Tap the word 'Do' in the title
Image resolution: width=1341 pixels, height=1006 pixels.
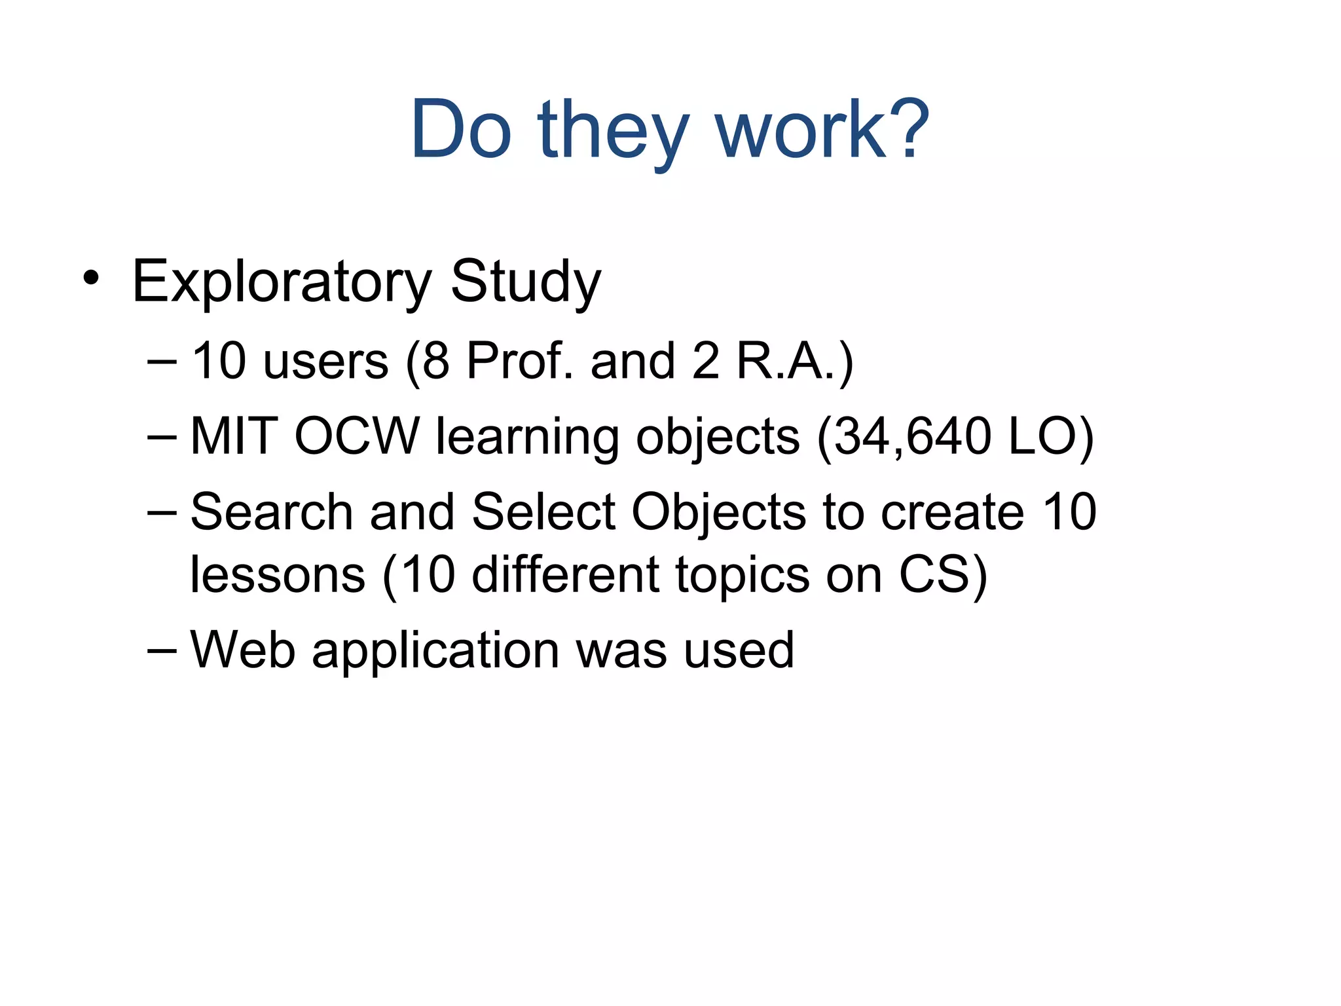460,130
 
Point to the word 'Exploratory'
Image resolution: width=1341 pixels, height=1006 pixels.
281,282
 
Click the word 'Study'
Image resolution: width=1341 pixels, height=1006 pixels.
525,282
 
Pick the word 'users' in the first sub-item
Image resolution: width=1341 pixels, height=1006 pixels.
325,361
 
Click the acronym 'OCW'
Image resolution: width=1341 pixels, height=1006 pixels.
357,436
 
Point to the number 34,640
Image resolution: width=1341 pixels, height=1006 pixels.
913,436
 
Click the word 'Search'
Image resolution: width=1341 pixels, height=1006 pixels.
272,512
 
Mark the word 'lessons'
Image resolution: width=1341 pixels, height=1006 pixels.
278,574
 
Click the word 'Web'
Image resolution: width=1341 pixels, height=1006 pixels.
242,650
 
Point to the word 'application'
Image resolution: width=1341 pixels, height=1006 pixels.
435,651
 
